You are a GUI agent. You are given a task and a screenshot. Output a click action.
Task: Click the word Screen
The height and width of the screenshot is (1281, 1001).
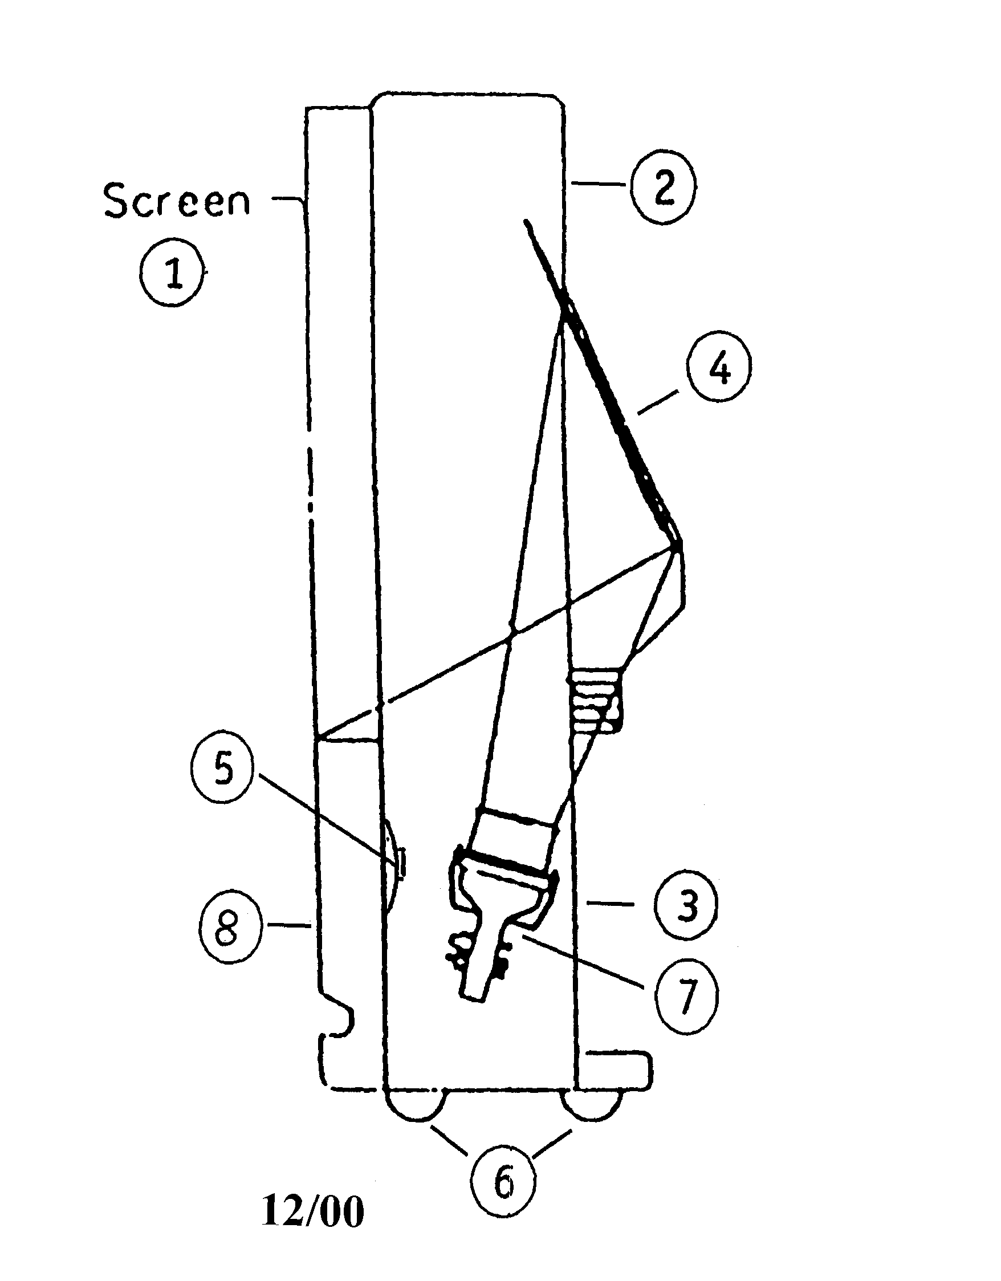(177, 201)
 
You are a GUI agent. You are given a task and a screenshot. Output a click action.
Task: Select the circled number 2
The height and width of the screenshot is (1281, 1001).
(663, 189)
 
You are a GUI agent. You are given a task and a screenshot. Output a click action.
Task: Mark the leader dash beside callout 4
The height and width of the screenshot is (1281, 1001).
(655, 405)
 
